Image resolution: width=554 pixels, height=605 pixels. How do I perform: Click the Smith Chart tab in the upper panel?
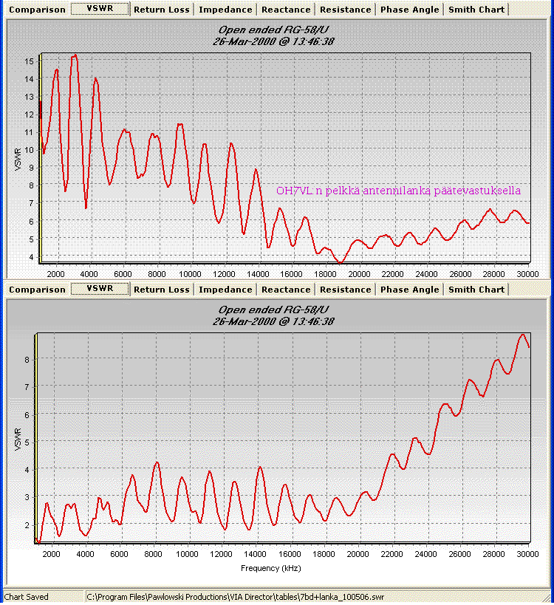pyautogui.click(x=476, y=10)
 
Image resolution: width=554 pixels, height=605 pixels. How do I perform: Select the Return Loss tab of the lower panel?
pyautogui.click(x=161, y=290)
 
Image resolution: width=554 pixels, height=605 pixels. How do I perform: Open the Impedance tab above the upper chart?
pyautogui.click(x=225, y=10)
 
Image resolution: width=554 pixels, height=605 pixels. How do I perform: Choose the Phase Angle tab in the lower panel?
pyautogui.click(x=410, y=290)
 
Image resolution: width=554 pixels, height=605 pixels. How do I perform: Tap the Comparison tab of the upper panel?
pyautogui.click(x=37, y=10)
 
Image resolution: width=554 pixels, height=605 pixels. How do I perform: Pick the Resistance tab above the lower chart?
pyautogui.click(x=346, y=290)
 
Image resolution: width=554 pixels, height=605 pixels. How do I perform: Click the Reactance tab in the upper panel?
pyautogui.click(x=286, y=10)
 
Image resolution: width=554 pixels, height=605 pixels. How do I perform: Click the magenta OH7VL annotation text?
pyautogui.click(x=398, y=191)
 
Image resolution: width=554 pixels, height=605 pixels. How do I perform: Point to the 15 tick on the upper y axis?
pyautogui.click(x=29, y=61)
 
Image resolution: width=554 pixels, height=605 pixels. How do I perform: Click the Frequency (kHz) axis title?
pyautogui.click(x=271, y=569)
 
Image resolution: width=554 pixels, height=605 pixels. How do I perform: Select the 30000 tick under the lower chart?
pyautogui.click(x=528, y=553)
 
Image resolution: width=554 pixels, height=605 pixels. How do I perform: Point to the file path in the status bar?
pyautogui.click(x=235, y=596)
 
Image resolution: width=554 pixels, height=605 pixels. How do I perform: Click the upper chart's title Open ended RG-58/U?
pyautogui.click(x=273, y=30)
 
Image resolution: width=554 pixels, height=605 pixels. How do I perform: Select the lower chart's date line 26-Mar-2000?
pyautogui.click(x=273, y=321)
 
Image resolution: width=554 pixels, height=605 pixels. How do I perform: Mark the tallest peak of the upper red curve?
pyautogui.click(x=75, y=55)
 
